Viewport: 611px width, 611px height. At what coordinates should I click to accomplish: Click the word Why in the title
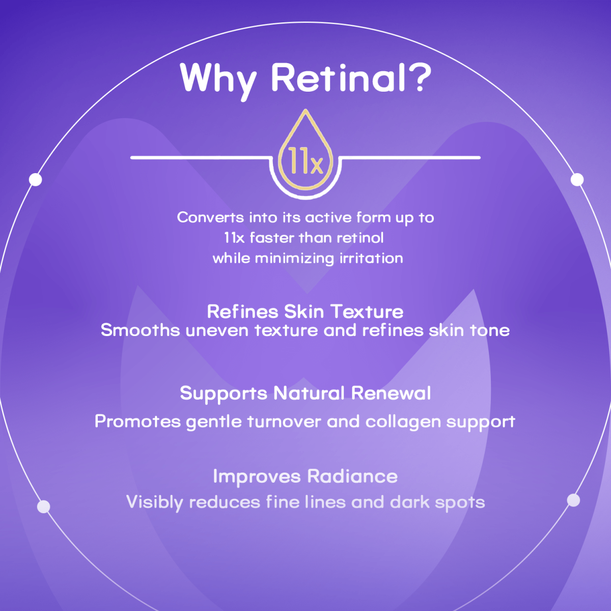pos(218,78)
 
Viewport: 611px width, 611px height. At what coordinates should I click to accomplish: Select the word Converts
pos(210,218)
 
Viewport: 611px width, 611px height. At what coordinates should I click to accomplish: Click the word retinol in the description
pos(360,238)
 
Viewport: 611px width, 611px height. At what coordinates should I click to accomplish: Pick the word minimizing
pos(295,259)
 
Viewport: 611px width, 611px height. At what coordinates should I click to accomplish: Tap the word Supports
pos(223,394)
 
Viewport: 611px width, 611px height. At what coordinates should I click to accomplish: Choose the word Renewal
pos(391,393)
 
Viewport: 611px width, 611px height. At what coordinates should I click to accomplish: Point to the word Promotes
pos(137,422)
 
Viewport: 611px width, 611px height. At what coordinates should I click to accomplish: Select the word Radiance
pos(352,477)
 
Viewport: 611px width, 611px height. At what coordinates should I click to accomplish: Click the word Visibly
pos(155,503)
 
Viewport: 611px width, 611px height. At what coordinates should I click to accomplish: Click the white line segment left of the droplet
pos(199,158)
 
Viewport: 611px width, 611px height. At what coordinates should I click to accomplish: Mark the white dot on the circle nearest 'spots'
pos(573,500)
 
